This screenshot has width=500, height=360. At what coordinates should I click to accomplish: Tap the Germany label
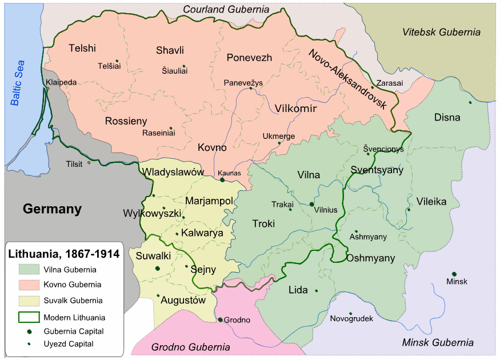(x=53, y=209)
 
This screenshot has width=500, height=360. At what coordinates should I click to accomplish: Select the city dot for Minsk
(x=454, y=274)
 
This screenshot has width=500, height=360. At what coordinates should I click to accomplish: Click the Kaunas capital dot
(x=222, y=180)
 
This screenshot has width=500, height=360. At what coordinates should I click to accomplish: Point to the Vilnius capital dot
(x=311, y=203)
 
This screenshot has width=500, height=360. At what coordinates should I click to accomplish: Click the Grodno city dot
(x=220, y=320)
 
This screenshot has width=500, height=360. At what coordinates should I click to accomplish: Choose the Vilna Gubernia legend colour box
(x=29, y=269)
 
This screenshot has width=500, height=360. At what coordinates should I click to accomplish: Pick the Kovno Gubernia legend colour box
(x=29, y=284)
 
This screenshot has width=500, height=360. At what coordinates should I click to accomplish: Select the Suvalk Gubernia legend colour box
(x=29, y=300)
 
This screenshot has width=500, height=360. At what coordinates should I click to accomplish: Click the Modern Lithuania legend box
(x=29, y=317)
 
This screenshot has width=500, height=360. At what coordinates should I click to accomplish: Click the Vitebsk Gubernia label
(x=441, y=32)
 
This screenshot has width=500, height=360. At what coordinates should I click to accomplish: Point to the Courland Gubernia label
(x=226, y=9)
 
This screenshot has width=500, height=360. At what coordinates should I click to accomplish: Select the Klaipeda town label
(x=61, y=82)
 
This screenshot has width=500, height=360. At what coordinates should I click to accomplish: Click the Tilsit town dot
(x=89, y=163)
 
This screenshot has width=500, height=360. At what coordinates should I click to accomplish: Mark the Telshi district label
(x=82, y=48)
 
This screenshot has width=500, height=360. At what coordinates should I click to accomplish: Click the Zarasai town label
(x=389, y=83)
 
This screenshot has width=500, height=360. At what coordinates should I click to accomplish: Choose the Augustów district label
(x=183, y=299)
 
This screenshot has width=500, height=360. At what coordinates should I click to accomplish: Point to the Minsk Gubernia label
(x=438, y=343)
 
